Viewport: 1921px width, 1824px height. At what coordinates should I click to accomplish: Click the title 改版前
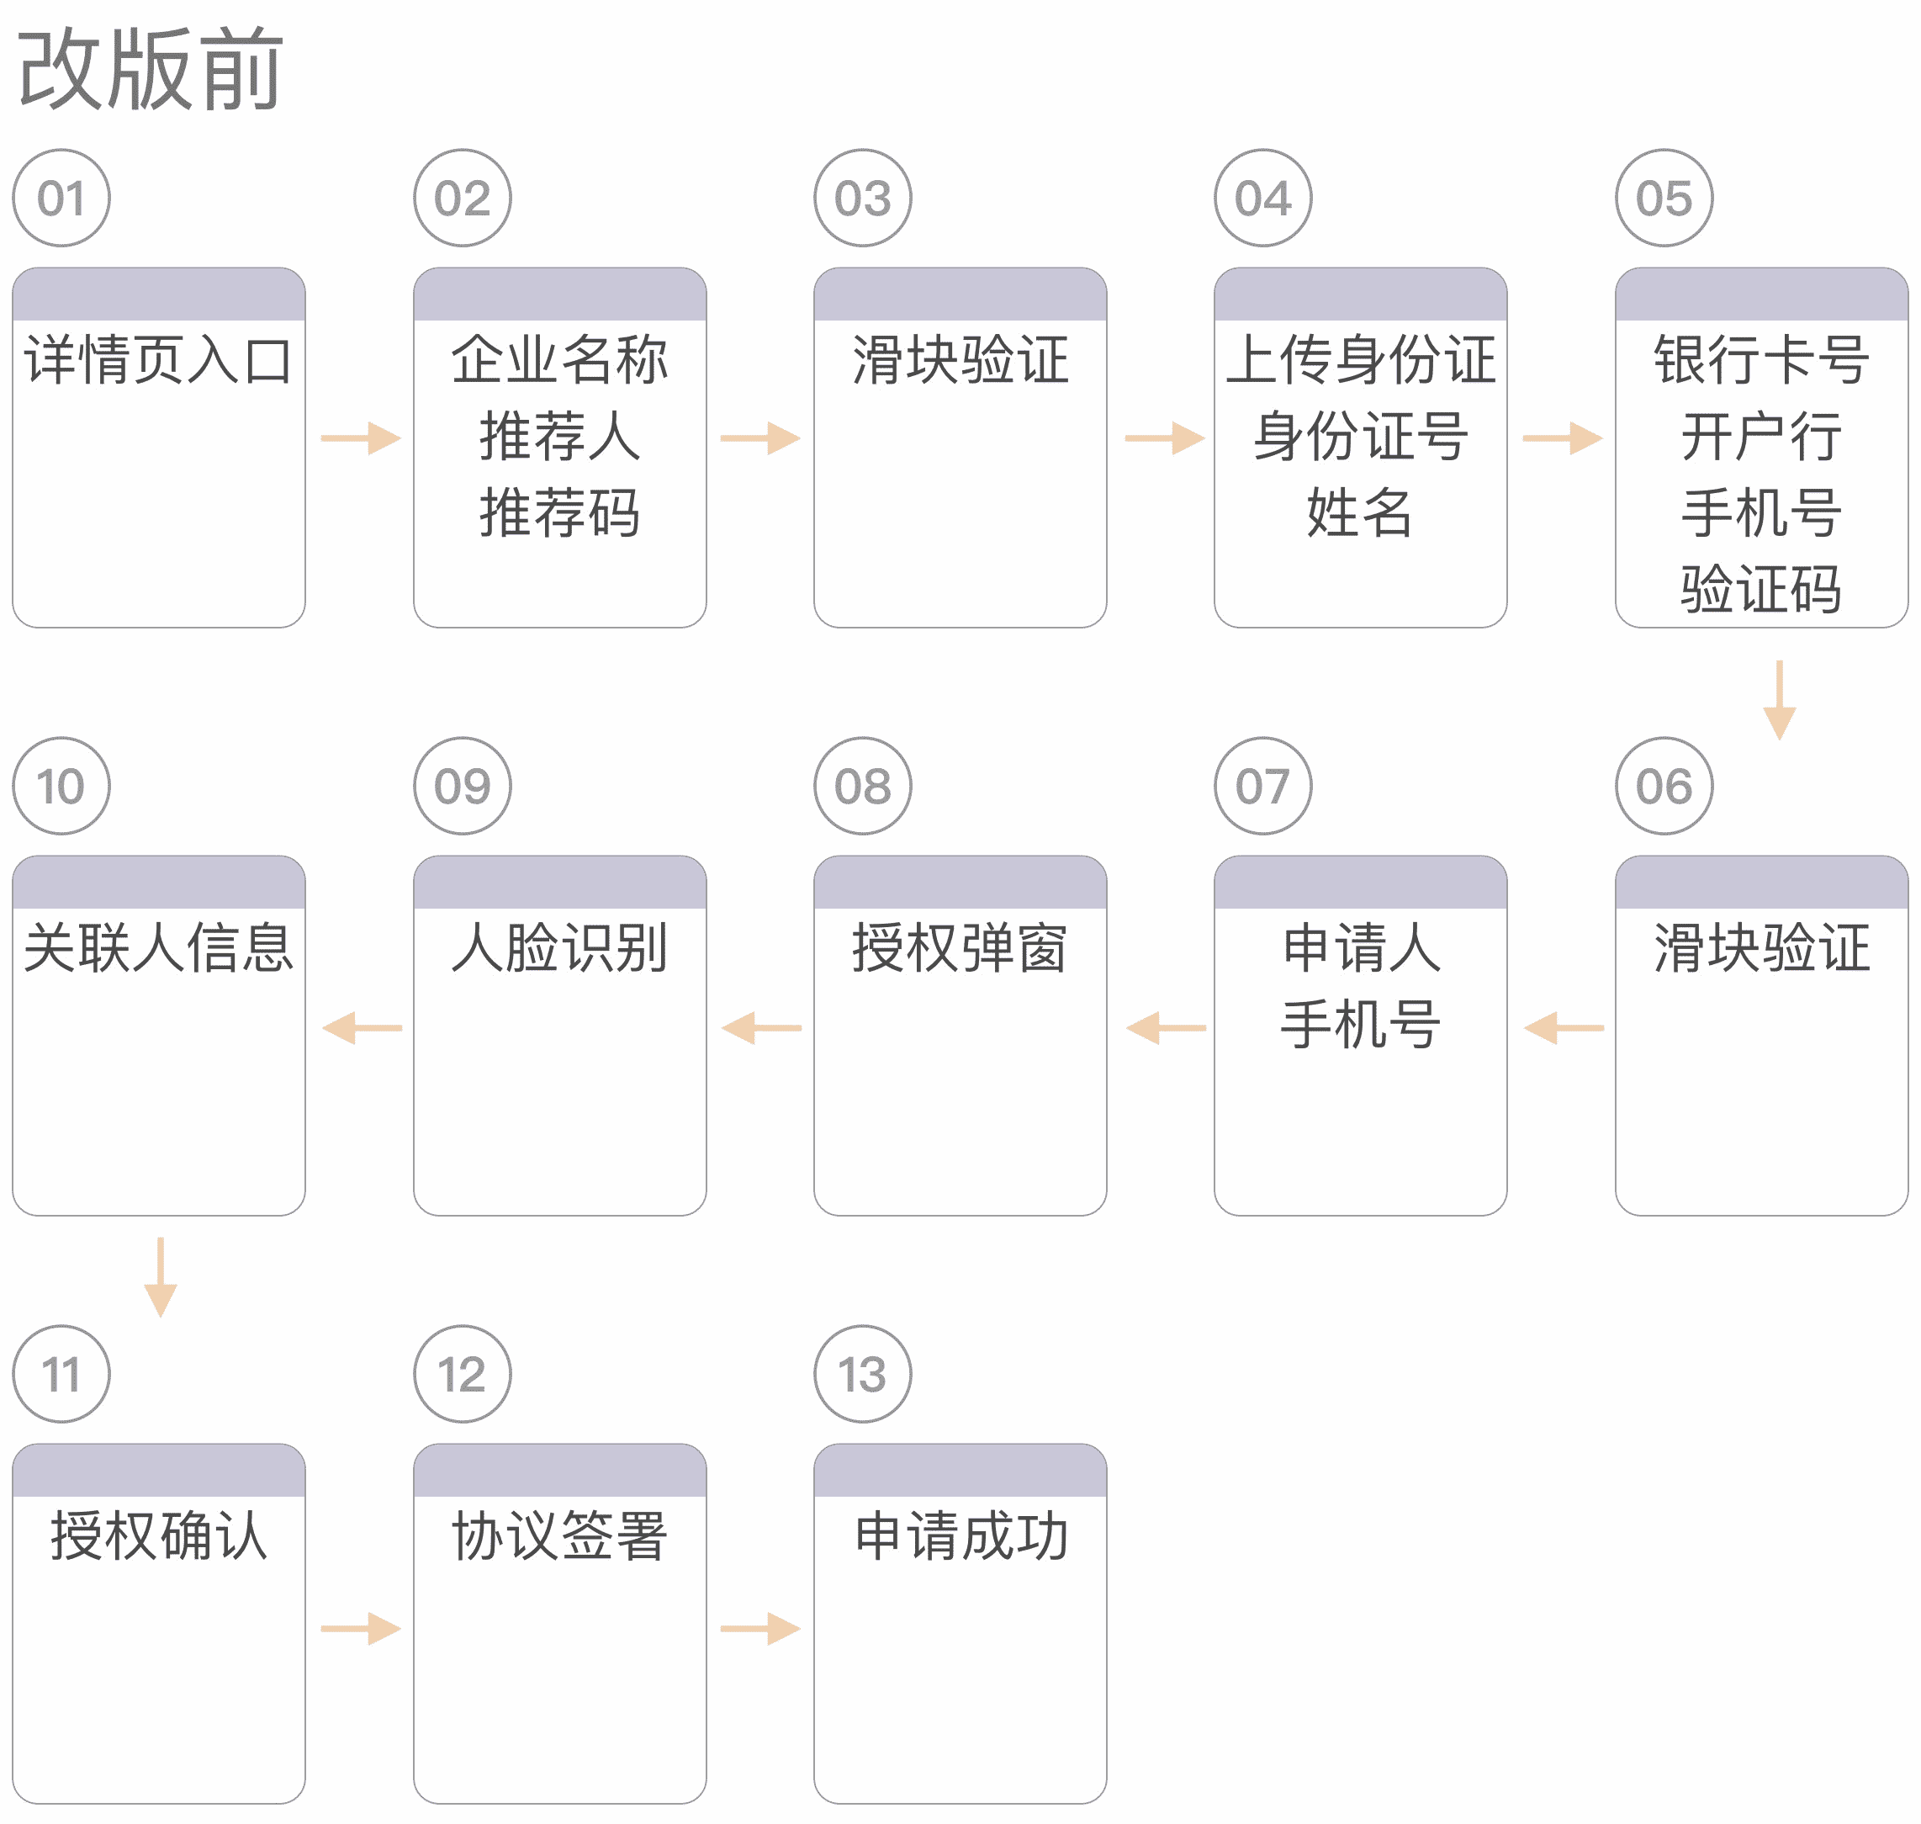coord(151,70)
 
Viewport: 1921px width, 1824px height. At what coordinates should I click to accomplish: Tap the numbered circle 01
coord(61,199)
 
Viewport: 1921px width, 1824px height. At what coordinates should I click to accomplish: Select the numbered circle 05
coord(1664,199)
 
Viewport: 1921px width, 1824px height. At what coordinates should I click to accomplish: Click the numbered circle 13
coord(862,1374)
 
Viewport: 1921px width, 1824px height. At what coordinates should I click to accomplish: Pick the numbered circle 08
coord(862,786)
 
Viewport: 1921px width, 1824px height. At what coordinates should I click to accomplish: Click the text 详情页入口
coord(158,361)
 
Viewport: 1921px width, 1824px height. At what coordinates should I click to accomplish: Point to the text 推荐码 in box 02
coord(560,512)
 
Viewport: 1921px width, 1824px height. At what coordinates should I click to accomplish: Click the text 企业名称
coord(560,360)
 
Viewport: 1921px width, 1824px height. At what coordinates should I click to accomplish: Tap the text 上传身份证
coord(1360,360)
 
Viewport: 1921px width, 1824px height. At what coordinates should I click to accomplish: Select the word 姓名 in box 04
coord(1360,512)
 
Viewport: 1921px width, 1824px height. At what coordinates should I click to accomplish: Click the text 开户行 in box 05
coord(1760,437)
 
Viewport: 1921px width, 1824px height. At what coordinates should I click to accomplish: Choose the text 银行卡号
coord(1760,360)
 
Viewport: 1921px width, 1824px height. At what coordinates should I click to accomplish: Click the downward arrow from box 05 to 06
coord(1779,700)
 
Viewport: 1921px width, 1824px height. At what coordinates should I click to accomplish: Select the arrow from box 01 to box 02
coord(361,438)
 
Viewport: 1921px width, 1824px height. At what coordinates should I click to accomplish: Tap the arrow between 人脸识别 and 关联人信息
coord(362,1028)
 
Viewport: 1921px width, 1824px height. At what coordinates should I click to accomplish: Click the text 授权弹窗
coord(960,948)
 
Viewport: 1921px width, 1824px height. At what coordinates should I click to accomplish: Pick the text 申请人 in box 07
coord(1360,948)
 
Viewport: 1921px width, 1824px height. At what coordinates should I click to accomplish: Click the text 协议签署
coord(560,1536)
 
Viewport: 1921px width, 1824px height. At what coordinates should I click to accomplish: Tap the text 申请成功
coord(960,1536)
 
